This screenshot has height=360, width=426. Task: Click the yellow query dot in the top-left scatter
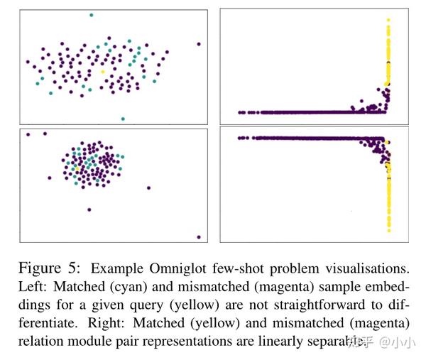[102, 72]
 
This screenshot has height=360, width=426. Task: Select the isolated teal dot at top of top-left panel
[91, 15]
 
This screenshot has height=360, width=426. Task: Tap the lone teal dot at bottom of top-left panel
[123, 119]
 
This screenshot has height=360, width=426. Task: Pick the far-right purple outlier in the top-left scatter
[199, 44]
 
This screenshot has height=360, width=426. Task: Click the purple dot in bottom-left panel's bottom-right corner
[199, 237]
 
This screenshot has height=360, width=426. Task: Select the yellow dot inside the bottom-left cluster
[74, 168]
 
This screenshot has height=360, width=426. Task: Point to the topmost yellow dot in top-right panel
[388, 21]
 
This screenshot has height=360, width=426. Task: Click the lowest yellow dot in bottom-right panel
[388, 229]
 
